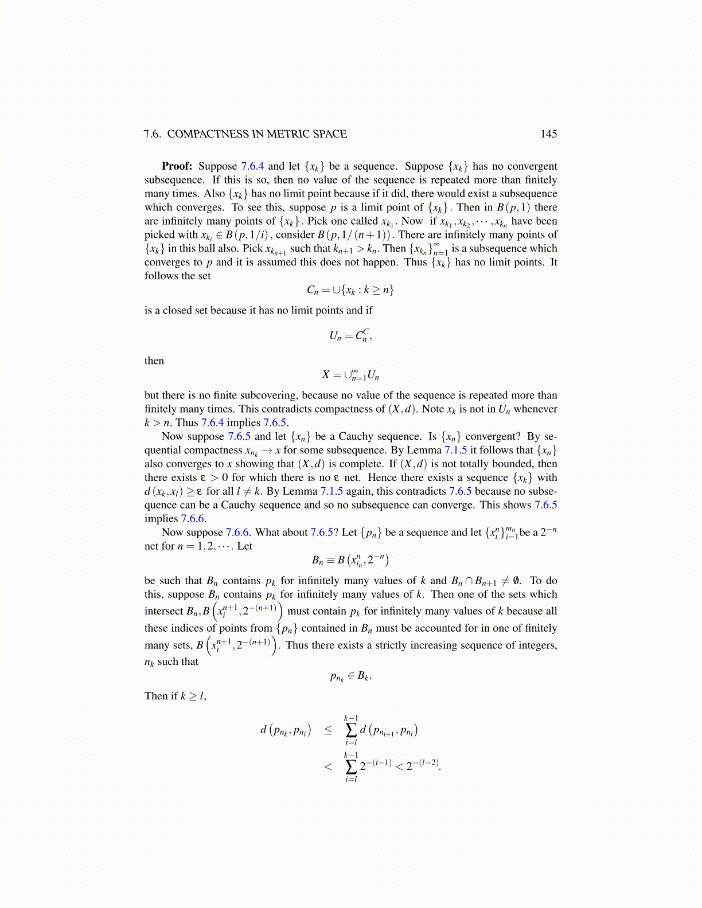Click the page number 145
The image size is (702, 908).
point(548,134)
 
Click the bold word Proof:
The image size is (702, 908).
point(177,166)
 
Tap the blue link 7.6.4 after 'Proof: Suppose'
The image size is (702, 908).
point(252,166)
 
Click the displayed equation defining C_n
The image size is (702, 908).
point(350,290)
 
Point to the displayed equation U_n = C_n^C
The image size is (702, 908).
point(350,335)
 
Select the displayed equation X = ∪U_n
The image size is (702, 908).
point(350,375)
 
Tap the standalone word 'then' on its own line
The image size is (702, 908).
point(154,361)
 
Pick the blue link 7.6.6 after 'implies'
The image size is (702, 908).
point(193,519)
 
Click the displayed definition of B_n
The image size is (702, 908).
point(350,560)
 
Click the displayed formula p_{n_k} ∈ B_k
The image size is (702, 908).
point(350,676)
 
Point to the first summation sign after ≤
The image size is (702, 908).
point(350,730)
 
